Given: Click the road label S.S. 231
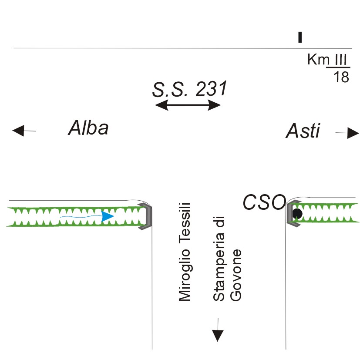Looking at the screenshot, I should [x=189, y=90].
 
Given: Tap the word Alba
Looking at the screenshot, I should [x=88, y=128].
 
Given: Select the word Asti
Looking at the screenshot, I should [x=303, y=131].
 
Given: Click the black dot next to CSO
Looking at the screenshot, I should [x=297, y=213].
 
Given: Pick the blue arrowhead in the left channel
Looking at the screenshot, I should [x=107, y=216].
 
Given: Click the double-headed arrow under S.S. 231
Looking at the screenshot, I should [x=188, y=105].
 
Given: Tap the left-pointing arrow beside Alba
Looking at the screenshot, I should [x=23, y=130].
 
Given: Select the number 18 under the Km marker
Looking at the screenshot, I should [x=340, y=77].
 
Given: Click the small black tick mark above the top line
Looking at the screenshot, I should [x=299, y=37].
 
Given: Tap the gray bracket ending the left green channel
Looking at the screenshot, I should [x=147, y=216].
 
